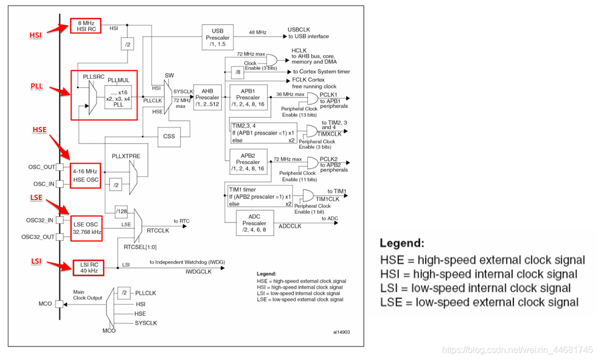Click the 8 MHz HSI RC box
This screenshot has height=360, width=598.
[85, 26]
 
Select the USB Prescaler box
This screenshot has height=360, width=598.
[217, 37]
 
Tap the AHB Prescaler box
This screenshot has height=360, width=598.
[207, 98]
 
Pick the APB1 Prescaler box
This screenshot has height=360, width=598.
[249, 98]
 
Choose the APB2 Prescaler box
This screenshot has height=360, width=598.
[249, 162]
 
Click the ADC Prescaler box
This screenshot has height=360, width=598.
[255, 223]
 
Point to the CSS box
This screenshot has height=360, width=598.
[169, 136]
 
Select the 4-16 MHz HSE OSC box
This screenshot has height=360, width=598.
[85, 175]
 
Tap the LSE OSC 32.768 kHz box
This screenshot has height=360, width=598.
[87, 228]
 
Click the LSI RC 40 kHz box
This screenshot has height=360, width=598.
[88, 268]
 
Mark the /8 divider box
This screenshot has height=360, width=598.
[237, 72]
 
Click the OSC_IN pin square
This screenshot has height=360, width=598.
[60, 184]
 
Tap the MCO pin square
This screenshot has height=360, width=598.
[59, 304]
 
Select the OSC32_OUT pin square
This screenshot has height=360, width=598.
[60, 237]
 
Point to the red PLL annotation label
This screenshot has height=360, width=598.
[37, 86]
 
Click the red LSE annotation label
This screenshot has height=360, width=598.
[36, 197]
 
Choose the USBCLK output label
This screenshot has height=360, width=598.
[298, 29]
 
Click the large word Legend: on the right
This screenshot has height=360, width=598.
[402, 244]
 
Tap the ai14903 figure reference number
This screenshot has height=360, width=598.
[341, 332]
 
